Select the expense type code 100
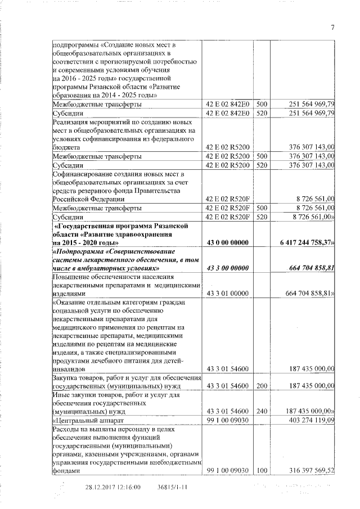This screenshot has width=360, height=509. (x=262, y=470)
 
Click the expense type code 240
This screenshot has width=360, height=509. (x=262, y=411)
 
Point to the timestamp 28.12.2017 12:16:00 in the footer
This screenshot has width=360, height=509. (x=112, y=488)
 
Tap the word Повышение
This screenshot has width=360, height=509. (x=72, y=277)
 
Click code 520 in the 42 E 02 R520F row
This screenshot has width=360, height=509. (x=262, y=216)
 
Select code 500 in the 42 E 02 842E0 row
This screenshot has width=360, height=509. (x=262, y=104)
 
